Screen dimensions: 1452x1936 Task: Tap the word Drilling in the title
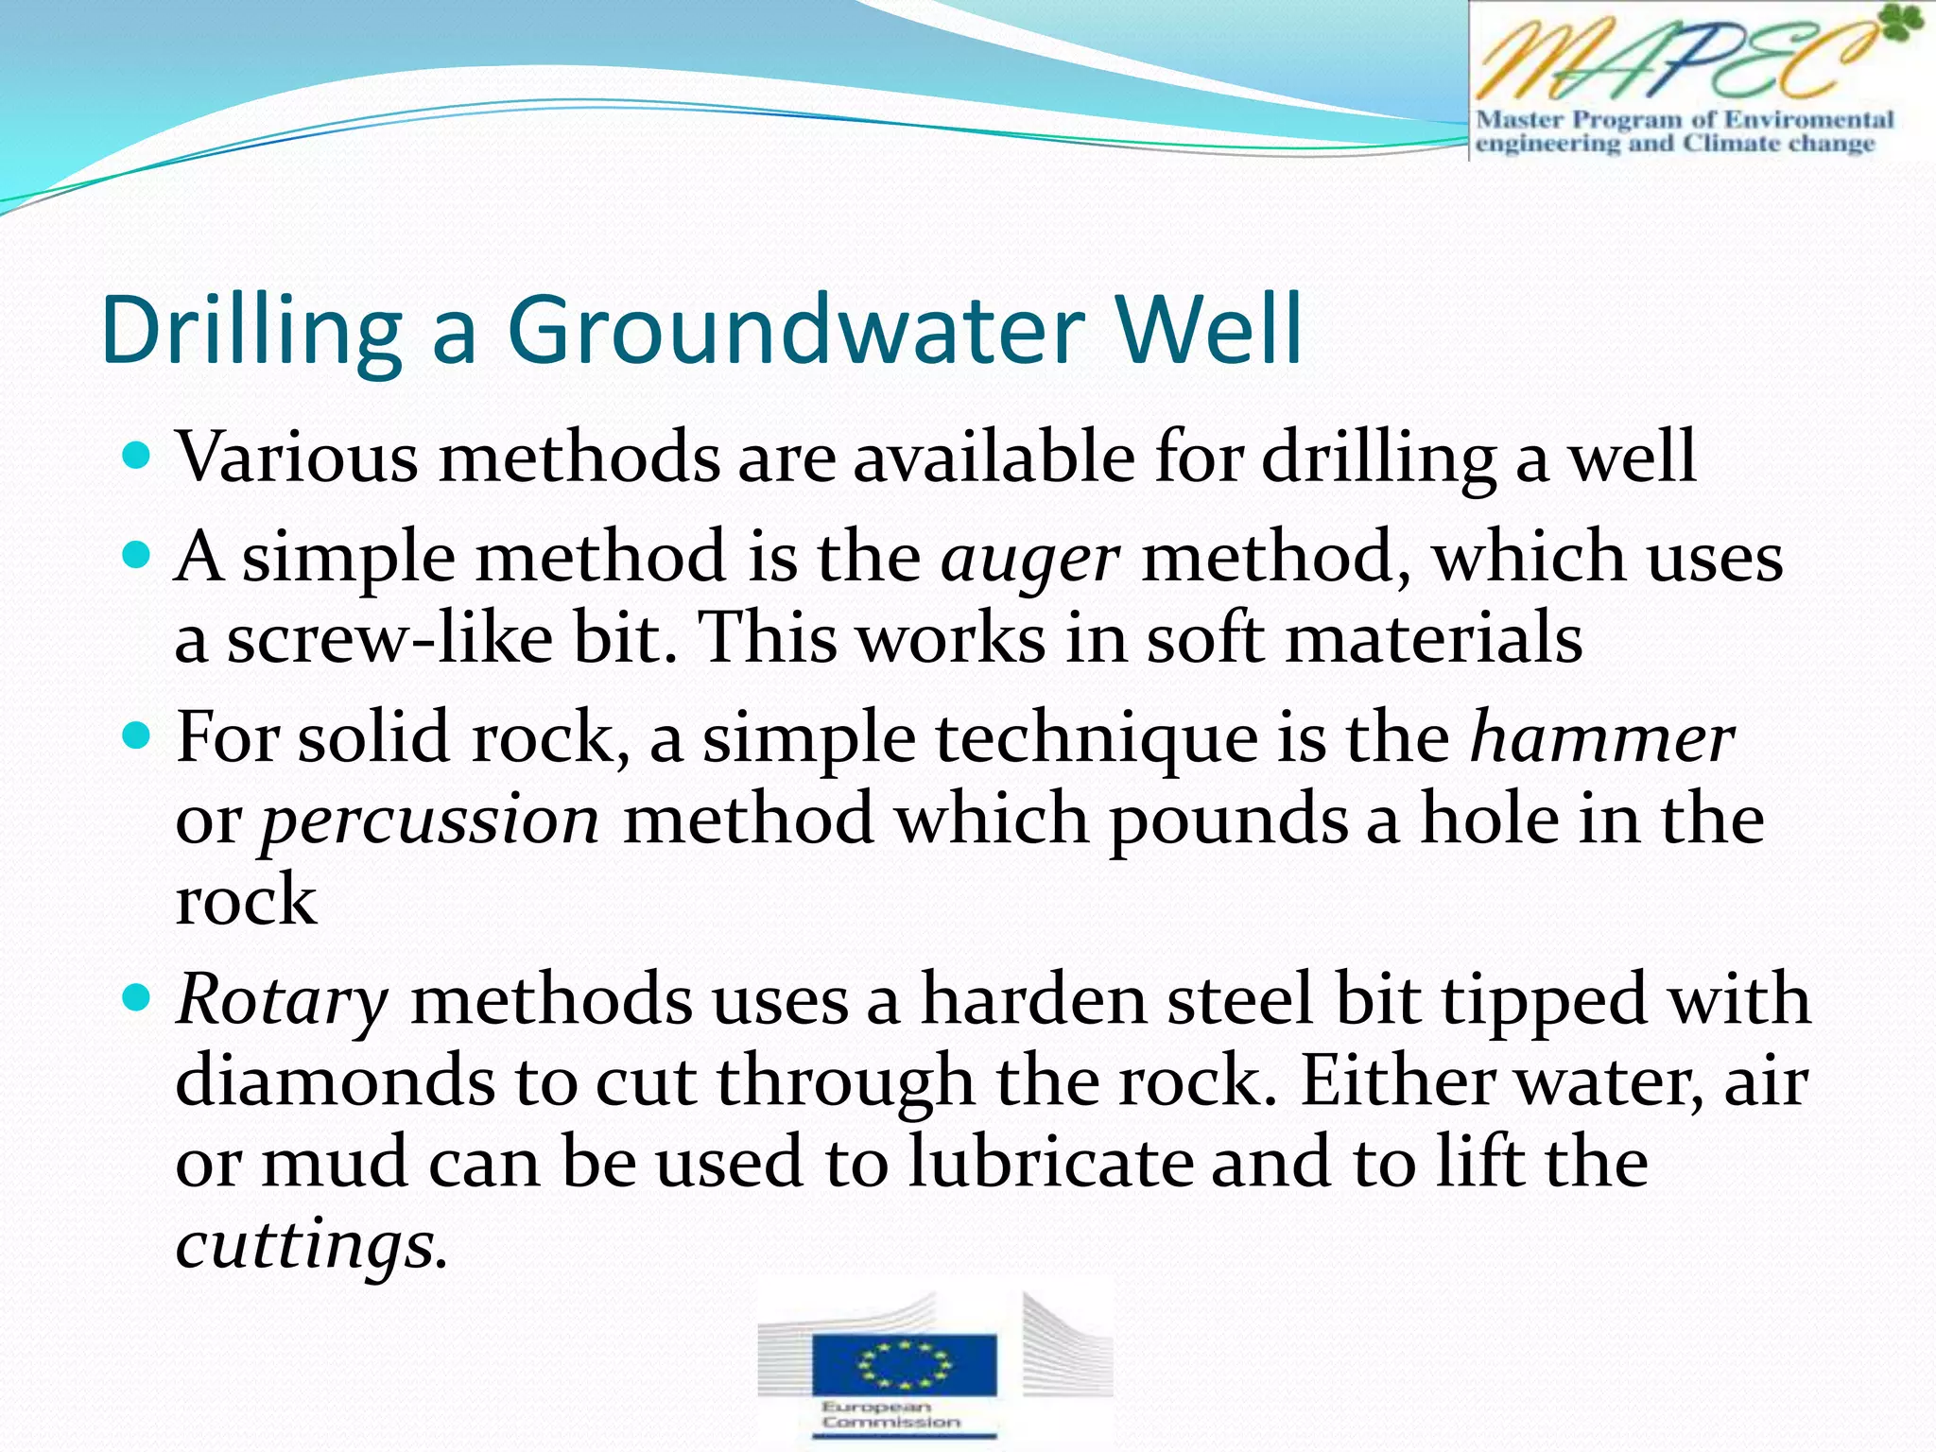[251, 331]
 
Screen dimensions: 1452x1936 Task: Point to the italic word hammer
[1602, 738]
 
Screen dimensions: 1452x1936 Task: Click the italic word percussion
[430, 821]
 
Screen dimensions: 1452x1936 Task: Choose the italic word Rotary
[282, 1000]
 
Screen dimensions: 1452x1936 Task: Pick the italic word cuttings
[309, 1246]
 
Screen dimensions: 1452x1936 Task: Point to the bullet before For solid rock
[138, 736]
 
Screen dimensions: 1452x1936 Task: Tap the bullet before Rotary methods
[138, 998]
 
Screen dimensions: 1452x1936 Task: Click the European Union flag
[905, 1363]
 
